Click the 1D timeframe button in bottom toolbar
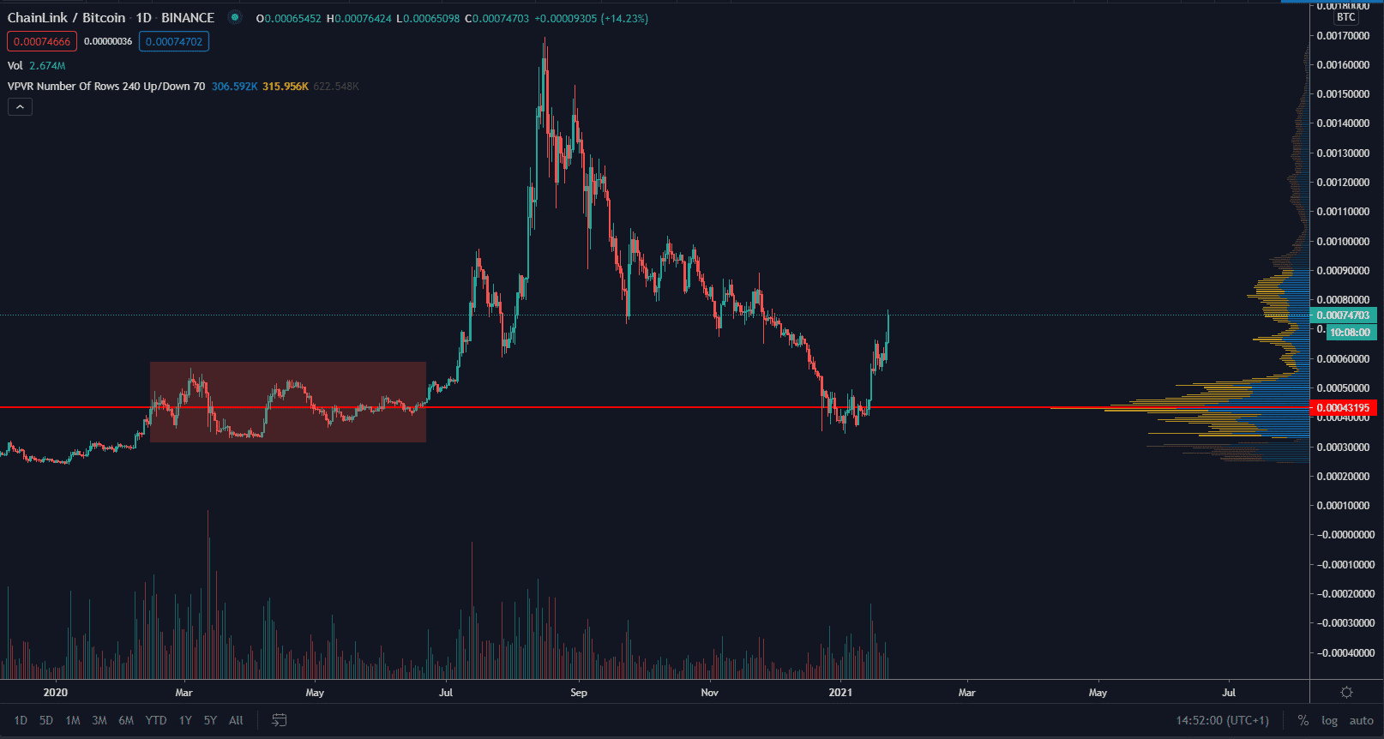[x=21, y=720]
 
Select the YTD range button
[x=156, y=720]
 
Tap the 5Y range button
[x=210, y=720]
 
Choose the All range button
[x=237, y=720]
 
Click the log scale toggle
[x=1329, y=720]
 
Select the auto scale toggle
[x=1361, y=720]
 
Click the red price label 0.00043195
[x=1343, y=408]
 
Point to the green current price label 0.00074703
[x=1343, y=315]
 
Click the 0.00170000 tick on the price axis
[x=1343, y=36]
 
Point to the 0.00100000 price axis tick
[x=1343, y=242]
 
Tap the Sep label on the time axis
[x=579, y=693]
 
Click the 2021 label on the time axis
[x=840, y=693]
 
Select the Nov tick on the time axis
[x=709, y=693]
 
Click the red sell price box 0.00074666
[x=42, y=41]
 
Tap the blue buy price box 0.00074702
[x=174, y=41]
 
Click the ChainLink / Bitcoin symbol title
[x=67, y=18]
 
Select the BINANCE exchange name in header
[x=188, y=18]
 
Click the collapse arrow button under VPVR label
[x=20, y=107]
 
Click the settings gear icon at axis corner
[x=1346, y=692]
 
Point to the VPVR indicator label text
[x=106, y=87]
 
